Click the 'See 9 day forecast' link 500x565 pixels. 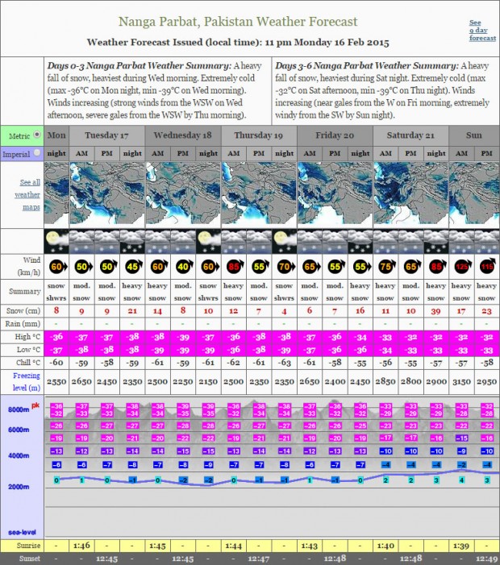click(x=482, y=31)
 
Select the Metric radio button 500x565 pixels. click(x=37, y=135)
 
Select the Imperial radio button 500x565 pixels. click(x=37, y=153)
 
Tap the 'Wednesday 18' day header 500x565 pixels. click(x=183, y=135)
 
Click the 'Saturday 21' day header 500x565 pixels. click(x=410, y=135)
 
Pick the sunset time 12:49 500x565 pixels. click(x=486, y=558)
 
